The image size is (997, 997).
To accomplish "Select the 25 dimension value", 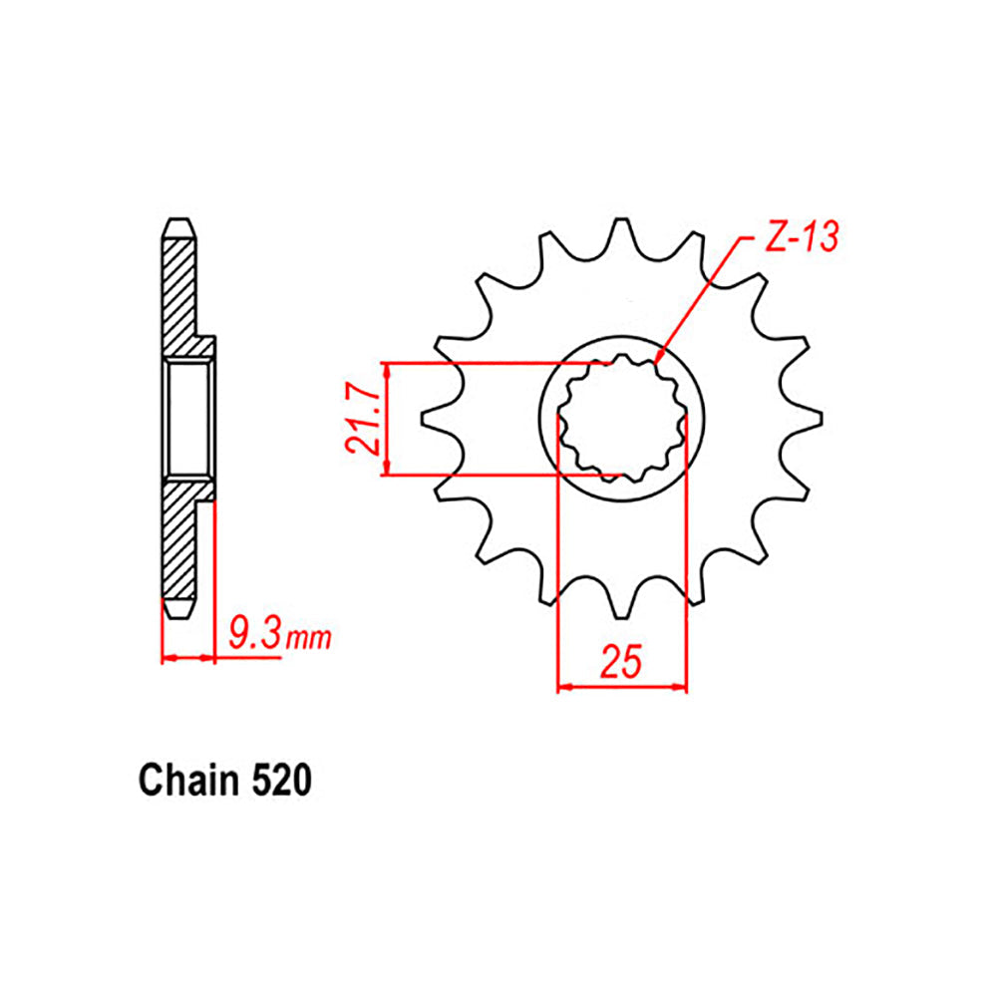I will pyautogui.click(x=622, y=663).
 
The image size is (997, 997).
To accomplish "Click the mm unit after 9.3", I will pyautogui.click(x=308, y=639).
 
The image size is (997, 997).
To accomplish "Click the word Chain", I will pyautogui.click(x=184, y=781).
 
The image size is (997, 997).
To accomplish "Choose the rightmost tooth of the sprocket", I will pyautogui.click(x=808, y=418).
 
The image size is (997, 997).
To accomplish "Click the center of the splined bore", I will pyautogui.click(x=622, y=418).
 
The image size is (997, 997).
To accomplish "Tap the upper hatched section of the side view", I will pyautogui.click(x=180, y=289).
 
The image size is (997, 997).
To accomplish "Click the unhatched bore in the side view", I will pyautogui.click(x=186, y=418).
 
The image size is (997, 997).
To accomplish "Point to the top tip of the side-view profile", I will pyautogui.click(x=180, y=220).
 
